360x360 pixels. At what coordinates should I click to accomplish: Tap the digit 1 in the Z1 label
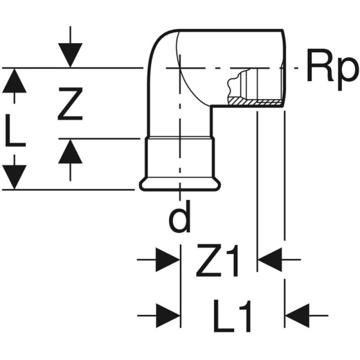click(x=233, y=262)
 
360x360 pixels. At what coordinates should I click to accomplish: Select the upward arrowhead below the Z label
click(x=71, y=151)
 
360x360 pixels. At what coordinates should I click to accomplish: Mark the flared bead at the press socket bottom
click(x=180, y=184)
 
